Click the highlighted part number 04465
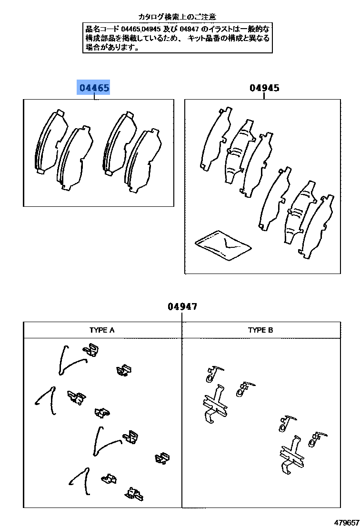(x=94, y=88)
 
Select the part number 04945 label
(x=264, y=88)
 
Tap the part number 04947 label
(x=182, y=306)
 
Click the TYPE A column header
(x=102, y=330)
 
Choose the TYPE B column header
(x=260, y=330)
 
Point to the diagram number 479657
(x=346, y=522)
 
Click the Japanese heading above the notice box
(x=177, y=17)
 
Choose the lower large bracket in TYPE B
(x=291, y=455)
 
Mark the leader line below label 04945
(x=264, y=96)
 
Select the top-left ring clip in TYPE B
(x=212, y=373)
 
